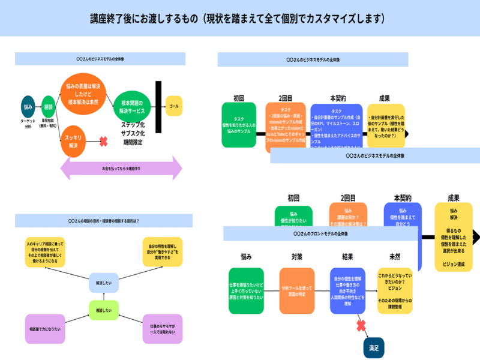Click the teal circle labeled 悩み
28,106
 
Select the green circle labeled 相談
48,106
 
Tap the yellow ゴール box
174,106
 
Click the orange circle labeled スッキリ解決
73,142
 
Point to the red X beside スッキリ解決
103,142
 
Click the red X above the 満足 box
361,326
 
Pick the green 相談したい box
104,310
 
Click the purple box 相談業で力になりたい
45,329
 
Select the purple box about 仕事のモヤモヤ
162,329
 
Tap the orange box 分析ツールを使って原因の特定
297,292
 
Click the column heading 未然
395,256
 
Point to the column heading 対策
296,256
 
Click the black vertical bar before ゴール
158,107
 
